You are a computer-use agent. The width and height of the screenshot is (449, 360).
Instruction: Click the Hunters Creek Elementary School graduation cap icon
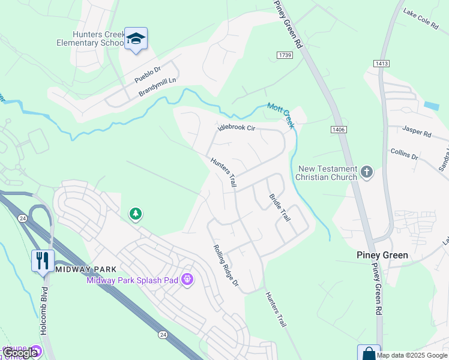[x=136, y=39]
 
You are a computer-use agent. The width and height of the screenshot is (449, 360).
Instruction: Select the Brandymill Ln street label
[x=159, y=86]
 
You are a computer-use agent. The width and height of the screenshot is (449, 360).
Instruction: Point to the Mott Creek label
[x=281, y=114]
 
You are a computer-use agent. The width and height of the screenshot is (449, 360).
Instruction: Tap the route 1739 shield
[x=285, y=55]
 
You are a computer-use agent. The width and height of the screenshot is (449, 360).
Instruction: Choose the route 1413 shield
[x=381, y=63]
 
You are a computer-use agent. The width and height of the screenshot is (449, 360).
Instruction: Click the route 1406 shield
[x=337, y=129]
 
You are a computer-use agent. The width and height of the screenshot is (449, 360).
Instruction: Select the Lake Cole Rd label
[x=421, y=20]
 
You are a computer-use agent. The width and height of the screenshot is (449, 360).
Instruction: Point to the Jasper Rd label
[x=417, y=131]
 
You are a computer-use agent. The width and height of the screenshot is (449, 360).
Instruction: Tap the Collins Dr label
[x=404, y=154]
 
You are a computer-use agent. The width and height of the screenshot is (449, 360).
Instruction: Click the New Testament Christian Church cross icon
[x=367, y=173]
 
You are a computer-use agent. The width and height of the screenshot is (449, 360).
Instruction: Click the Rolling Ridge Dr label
[x=226, y=266]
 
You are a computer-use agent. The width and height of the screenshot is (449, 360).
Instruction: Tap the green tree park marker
[x=136, y=213]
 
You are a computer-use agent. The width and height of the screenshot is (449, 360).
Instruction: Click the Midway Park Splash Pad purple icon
[x=187, y=280]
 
